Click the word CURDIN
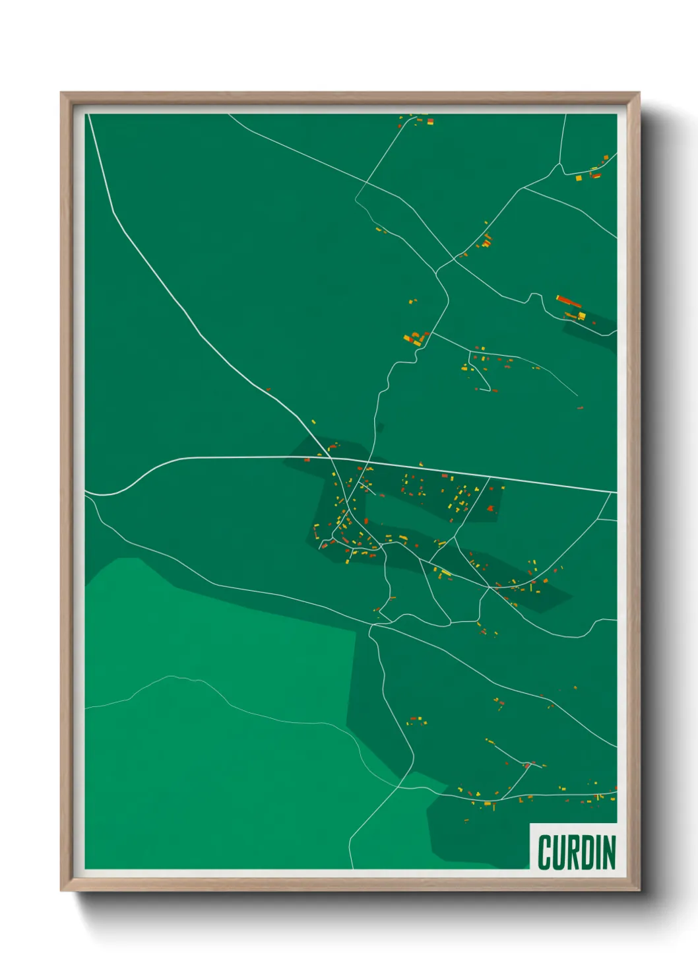(576, 852)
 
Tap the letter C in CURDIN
(545, 852)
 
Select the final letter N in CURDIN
(608, 852)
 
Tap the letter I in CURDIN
(597, 852)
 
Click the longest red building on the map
(568, 302)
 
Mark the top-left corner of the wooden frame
(61, 93)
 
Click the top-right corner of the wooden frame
(639, 93)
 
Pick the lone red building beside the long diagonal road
(268, 389)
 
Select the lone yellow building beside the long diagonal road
(313, 421)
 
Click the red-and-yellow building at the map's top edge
(430, 121)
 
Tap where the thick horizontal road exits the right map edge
(616, 492)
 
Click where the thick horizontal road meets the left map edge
(86, 492)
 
